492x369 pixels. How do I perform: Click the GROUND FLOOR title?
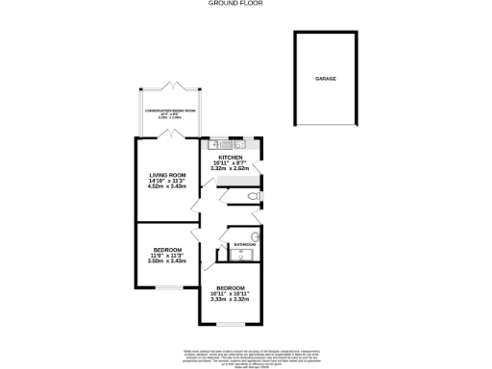tap(235, 4)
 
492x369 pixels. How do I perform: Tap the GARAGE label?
tap(326, 79)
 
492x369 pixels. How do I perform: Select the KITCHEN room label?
tap(231, 157)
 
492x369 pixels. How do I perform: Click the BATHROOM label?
tap(244, 245)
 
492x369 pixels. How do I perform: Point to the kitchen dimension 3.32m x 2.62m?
tap(231, 168)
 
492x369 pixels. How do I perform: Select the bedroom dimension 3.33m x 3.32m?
tap(231, 299)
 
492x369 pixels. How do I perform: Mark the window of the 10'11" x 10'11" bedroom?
tap(231, 326)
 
